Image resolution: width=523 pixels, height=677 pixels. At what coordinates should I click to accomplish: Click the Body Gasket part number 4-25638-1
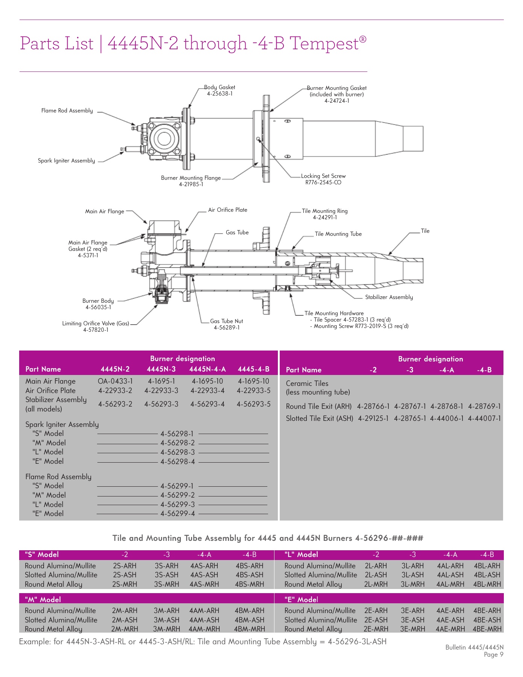220,94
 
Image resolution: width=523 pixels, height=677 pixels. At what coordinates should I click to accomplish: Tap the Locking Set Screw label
323,176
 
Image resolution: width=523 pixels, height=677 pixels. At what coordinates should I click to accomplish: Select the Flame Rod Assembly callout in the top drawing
67,111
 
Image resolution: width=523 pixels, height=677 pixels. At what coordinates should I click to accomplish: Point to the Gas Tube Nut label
226,321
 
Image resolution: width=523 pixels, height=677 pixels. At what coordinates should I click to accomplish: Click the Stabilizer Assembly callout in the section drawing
389,297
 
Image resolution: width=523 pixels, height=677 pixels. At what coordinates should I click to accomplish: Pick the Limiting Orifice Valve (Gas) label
96,323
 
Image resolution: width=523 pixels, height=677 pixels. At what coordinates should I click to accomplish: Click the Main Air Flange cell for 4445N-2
115,381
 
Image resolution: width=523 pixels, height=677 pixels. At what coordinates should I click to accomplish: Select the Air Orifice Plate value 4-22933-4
208,391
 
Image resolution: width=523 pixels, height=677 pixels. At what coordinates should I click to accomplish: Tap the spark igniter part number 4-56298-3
177,452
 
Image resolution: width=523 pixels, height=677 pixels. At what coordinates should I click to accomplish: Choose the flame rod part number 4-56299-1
177,486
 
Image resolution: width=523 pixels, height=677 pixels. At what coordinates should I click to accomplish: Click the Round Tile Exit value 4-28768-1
447,407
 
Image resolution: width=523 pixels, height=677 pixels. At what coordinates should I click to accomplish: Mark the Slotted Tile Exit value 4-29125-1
373,419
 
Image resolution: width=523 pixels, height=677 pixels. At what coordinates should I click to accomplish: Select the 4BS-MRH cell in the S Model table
249,584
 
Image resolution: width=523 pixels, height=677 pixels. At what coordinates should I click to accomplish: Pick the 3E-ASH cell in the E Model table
412,620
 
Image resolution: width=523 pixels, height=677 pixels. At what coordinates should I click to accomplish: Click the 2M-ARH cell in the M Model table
124,611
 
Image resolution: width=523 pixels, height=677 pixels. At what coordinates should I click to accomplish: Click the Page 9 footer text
493,655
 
